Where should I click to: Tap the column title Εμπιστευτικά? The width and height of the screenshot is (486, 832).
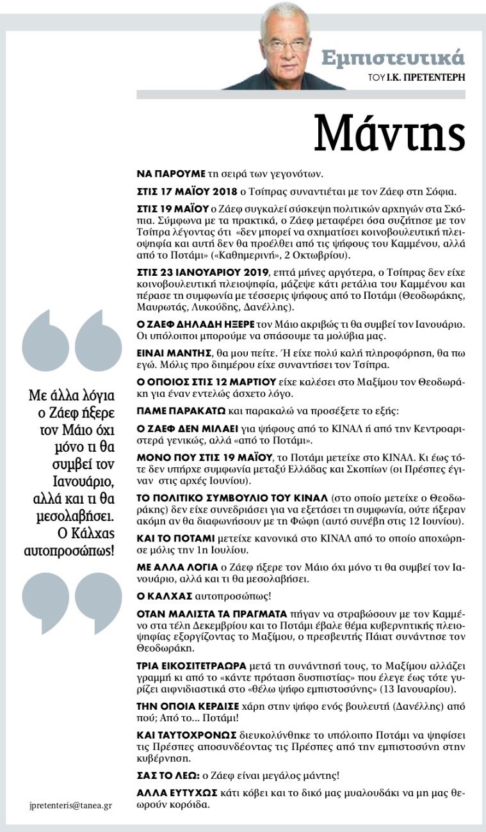tap(393, 58)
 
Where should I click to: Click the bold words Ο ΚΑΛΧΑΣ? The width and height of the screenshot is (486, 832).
tap(165, 596)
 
